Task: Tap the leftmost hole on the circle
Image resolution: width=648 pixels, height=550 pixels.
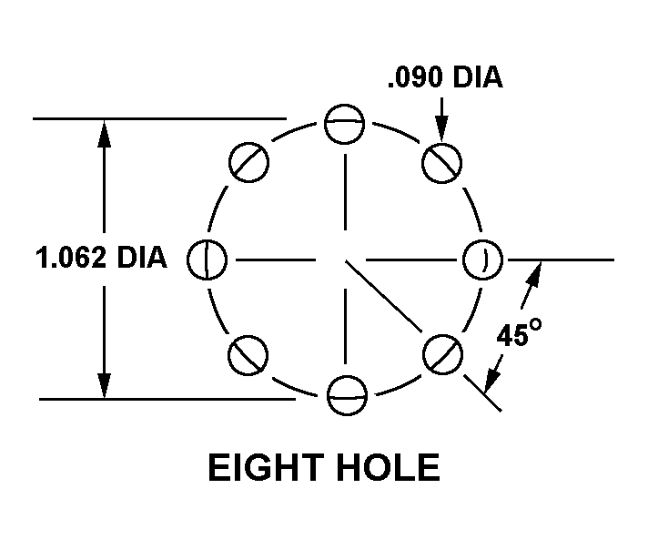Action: (207, 260)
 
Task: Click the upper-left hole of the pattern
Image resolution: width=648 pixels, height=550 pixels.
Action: (248, 163)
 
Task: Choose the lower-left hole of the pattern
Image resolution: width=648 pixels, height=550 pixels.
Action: (248, 354)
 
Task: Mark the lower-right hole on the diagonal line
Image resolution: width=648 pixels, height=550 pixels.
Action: (444, 353)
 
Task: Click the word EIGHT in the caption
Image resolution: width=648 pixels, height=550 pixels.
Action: (262, 468)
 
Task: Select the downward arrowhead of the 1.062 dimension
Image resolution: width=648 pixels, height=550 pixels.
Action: (105, 388)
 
